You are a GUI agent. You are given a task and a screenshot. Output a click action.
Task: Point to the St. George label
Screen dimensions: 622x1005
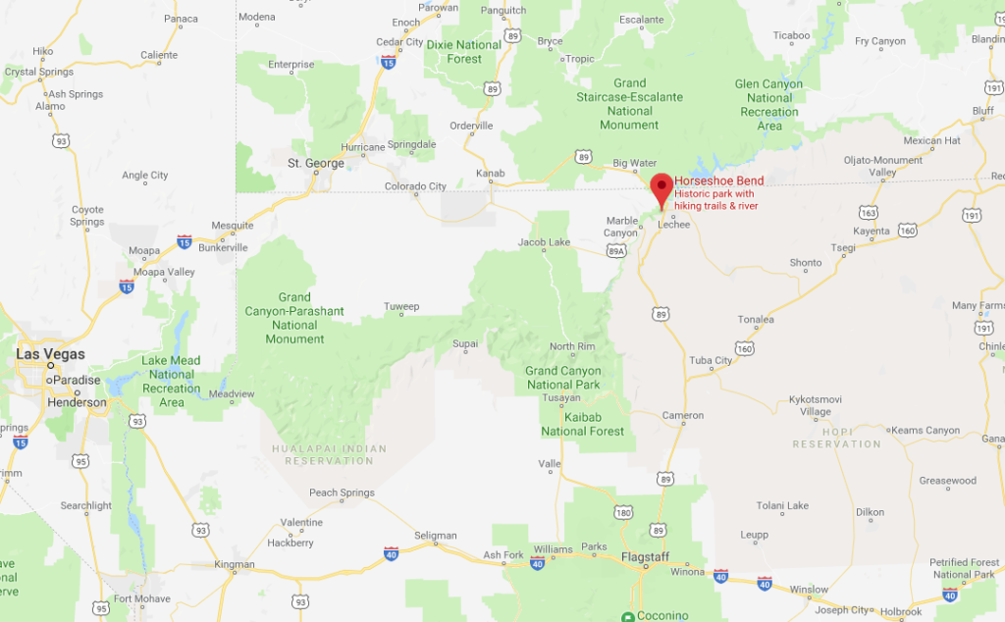(x=315, y=163)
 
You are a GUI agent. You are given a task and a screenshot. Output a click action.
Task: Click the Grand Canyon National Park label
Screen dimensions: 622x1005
(x=562, y=378)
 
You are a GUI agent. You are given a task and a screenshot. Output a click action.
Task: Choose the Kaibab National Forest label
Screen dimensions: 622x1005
(x=582, y=424)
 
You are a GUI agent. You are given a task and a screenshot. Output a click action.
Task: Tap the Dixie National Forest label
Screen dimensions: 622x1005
(x=465, y=51)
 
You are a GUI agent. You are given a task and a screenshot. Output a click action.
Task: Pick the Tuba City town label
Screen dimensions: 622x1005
(x=711, y=360)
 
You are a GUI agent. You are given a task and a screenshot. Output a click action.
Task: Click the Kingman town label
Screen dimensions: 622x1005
(x=235, y=564)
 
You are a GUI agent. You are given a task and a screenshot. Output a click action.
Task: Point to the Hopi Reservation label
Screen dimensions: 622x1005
(x=837, y=438)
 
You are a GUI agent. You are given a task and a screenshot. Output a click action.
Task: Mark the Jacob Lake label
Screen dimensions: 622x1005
(x=544, y=242)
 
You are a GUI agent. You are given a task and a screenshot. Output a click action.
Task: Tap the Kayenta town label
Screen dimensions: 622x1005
(x=871, y=232)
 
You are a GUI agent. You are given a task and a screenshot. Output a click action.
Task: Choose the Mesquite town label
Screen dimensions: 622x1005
(x=233, y=225)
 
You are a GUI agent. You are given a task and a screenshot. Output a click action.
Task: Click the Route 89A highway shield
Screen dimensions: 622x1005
(x=616, y=252)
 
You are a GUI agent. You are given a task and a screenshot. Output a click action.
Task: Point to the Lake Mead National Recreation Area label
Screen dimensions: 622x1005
(x=172, y=381)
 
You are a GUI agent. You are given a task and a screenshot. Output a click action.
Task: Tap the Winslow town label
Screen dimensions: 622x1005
(x=809, y=590)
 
